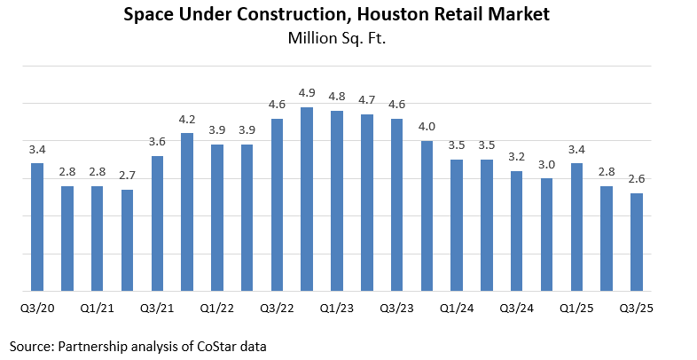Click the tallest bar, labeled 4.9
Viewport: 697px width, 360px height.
click(307, 199)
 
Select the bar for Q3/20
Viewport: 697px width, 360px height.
click(37, 226)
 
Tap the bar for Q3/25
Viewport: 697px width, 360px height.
click(637, 241)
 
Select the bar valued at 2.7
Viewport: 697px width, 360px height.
click(127, 239)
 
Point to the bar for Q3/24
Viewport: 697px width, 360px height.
click(517, 231)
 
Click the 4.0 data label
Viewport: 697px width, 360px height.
click(427, 128)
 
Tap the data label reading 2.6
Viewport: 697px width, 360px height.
click(637, 179)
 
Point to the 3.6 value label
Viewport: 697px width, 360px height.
click(157, 142)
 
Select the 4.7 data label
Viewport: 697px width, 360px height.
click(367, 100)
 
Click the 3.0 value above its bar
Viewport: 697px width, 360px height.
click(547, 164)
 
